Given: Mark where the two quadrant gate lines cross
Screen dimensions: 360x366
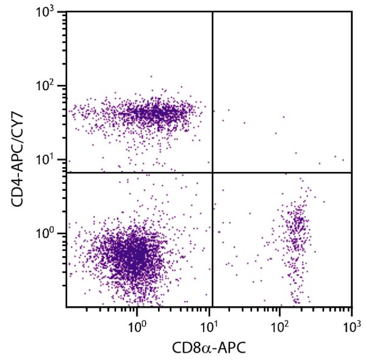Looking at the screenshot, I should pyautogui.click(x=212, y=173).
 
